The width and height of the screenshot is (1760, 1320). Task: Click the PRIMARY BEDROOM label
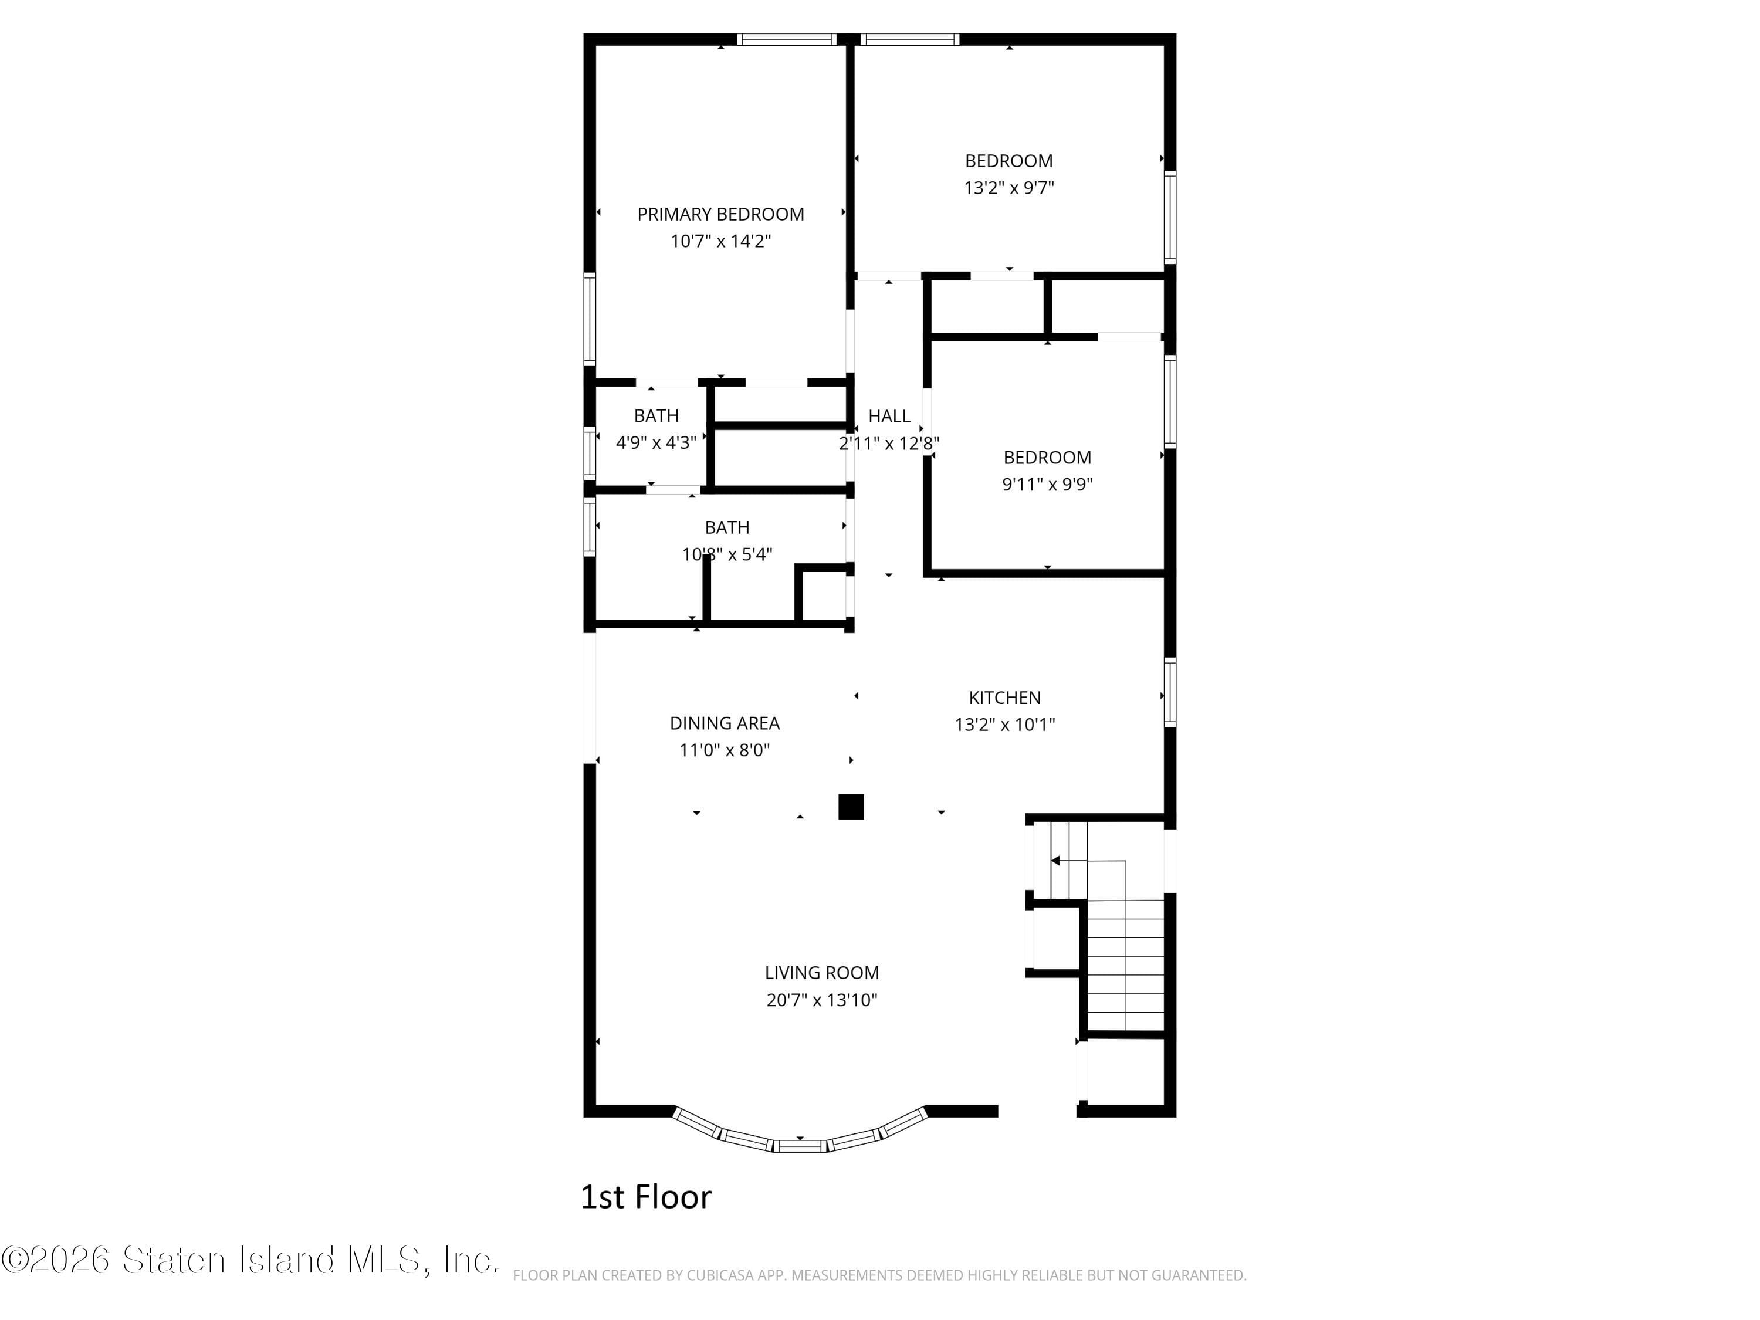720,214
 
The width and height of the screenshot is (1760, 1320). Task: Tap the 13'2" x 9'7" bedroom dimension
1009,188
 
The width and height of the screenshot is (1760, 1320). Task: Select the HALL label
889,416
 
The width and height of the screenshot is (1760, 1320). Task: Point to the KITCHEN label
1004,698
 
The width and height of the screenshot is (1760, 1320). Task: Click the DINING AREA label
724,723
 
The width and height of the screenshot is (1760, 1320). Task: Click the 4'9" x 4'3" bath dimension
656,442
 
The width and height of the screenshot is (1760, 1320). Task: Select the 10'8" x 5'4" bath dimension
726,554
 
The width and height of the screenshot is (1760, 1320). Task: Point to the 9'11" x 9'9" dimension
1047,485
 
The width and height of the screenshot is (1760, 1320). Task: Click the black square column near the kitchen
851,807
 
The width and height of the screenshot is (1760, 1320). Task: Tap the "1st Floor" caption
645,1197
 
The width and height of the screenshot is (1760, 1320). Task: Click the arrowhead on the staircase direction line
1055,861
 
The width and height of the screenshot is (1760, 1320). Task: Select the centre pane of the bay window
800,1146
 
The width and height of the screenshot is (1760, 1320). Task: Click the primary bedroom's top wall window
786,39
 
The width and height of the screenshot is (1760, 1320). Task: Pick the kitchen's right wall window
1170,692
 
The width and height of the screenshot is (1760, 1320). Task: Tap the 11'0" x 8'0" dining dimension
724,750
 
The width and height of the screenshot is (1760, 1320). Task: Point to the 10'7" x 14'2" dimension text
720,241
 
